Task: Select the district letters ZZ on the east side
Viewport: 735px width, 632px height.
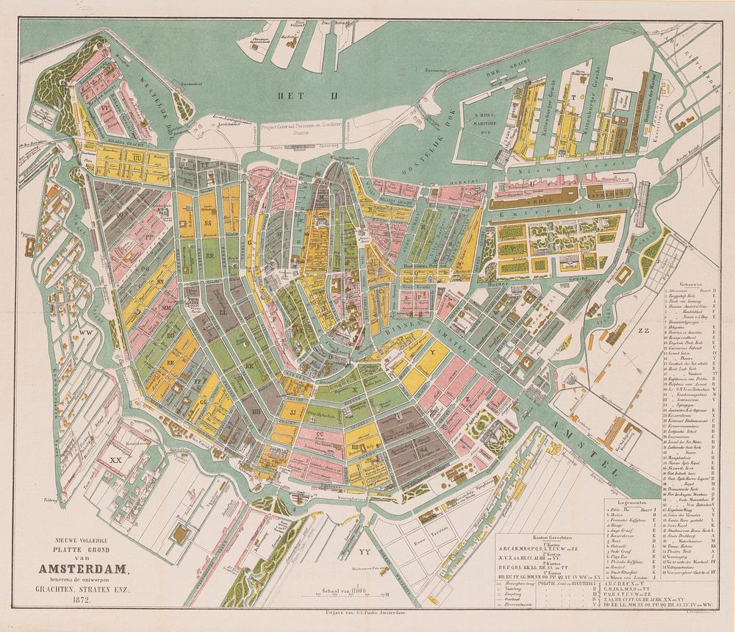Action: [x=645, y=331]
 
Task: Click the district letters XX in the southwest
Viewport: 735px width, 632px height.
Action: [x=115, y=460]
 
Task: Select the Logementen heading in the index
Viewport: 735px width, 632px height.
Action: [x=632, y=503]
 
